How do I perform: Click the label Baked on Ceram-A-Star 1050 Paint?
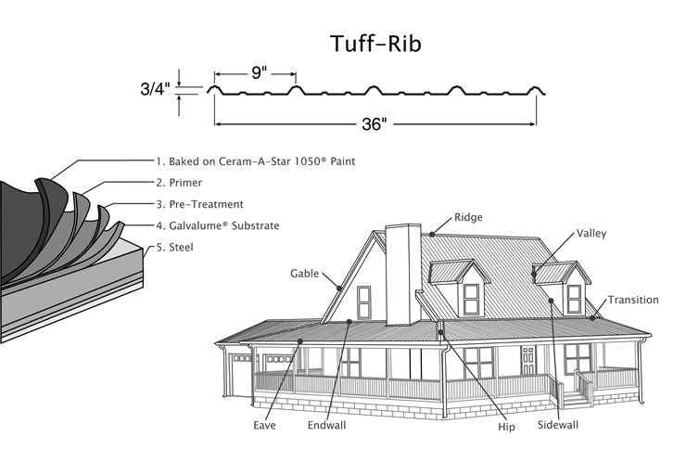pyautogui.click(x=255, y=161)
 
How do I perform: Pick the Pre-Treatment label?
pyautogui.click(x=199, y=204)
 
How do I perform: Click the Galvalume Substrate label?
pyautogui.click(x=218, y=225)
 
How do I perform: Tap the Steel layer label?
pyautogui.click(x=173, y=247)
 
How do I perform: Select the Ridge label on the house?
pyautogui.click(x=468, y=218)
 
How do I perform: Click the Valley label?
pyautogui.click(x=591, y=233)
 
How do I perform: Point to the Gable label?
pyautogui.click(x=305, y=274)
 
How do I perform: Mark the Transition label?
pyautogui.click(x=633, y=300)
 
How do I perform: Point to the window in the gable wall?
pyautogui.click(x=363, y=301)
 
